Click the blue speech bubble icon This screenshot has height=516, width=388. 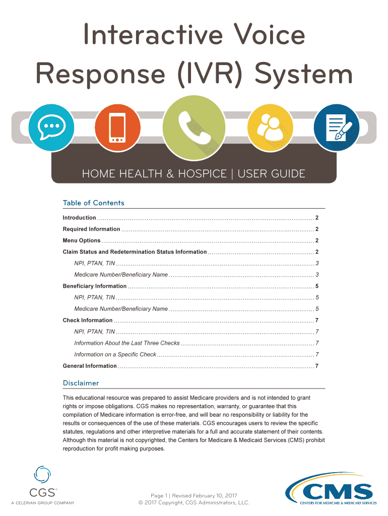coord(51,127)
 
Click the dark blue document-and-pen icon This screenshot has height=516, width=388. coord(336,127)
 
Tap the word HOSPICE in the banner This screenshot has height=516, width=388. coord(202,174)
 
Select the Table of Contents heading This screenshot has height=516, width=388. coord(93,203)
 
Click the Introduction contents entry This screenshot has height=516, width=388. coord(79,218)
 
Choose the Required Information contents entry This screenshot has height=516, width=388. coord(91,229)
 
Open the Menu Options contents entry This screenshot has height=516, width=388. coord(82,240)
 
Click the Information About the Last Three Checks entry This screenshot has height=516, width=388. coord(126,343)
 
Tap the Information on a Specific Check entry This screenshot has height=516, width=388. coord(115,354)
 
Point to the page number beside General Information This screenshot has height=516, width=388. coord(316,366)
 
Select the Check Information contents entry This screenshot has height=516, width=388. coord(88,320)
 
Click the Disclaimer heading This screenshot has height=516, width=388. coord(81,383)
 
